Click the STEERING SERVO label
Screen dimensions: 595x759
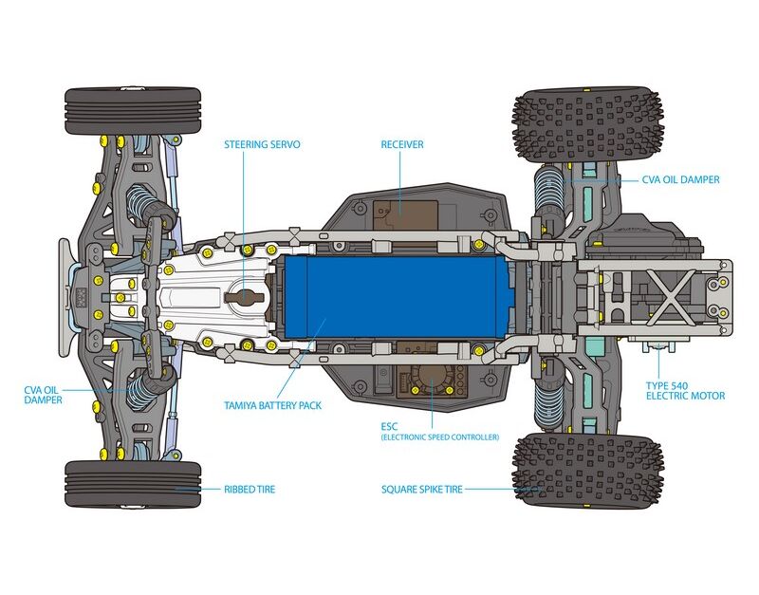262,145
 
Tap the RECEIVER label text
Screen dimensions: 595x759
402,145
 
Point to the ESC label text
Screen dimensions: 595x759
389,426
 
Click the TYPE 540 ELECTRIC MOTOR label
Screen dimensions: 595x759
685,389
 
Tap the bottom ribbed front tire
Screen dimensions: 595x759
133,484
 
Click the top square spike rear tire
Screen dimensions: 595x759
588,126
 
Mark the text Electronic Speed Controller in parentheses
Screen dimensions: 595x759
439,437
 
